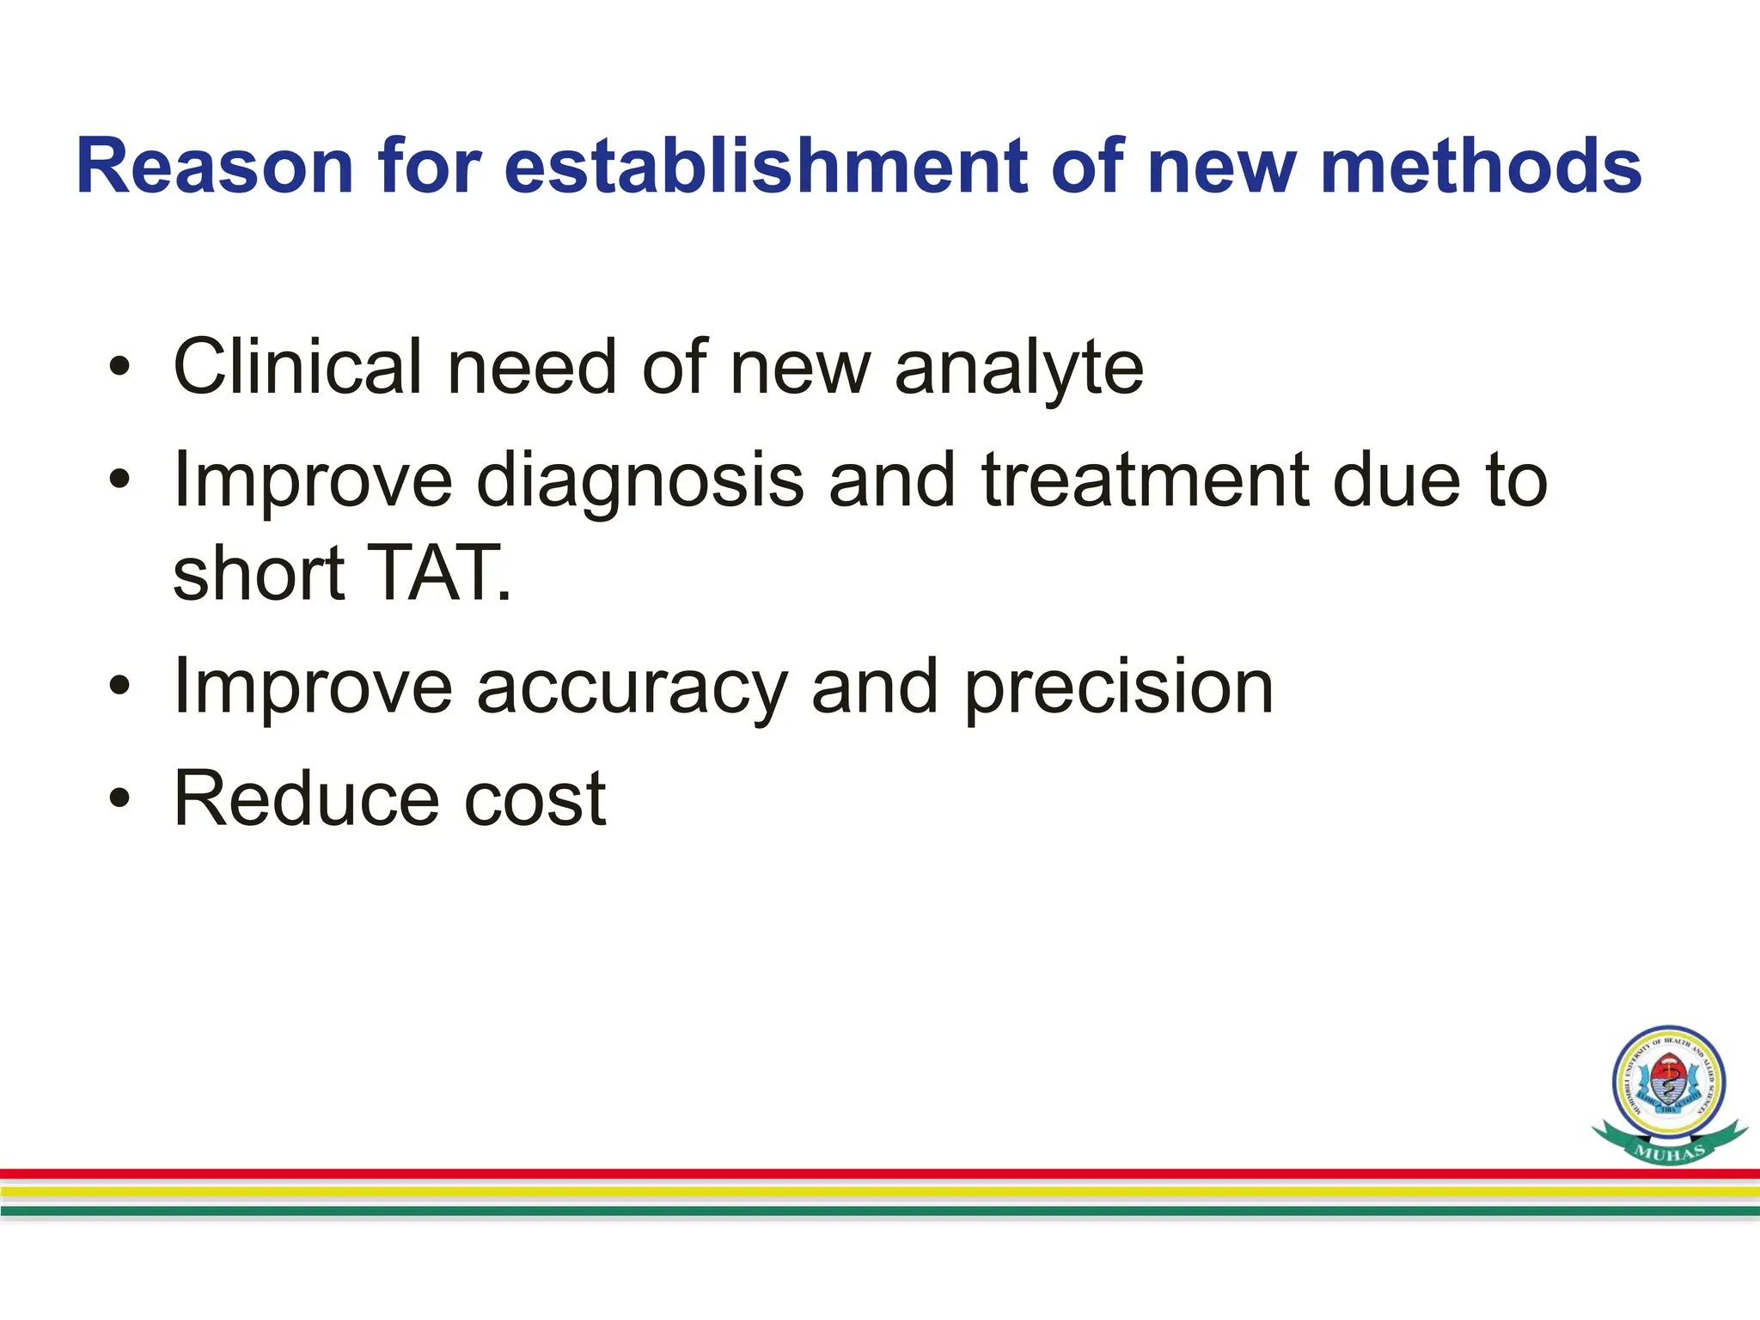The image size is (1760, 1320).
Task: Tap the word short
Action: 258,573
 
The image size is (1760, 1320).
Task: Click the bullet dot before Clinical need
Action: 119,369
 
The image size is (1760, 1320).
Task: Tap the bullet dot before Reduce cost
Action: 119,800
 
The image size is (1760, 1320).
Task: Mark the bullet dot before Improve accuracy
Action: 119,687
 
